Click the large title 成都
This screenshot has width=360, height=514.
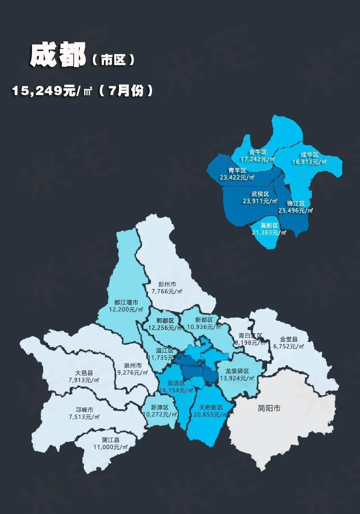coord(58,56)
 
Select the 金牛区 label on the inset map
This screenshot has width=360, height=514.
coord(258,152)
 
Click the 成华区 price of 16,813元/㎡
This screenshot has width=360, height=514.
coord(309,162)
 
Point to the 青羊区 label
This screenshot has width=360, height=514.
coord(237,170)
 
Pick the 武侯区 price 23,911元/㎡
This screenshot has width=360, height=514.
coord(260,201)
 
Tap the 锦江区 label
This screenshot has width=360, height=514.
coord(296,204)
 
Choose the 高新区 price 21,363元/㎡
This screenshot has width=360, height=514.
coord(270,232)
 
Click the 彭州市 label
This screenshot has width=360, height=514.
coord(167,284)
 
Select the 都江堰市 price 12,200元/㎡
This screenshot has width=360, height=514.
coord(126,309)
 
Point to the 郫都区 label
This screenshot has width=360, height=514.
coord(166,321)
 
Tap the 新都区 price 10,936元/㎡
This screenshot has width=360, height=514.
coord(204,327)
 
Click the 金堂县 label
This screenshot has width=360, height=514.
coord(288,340)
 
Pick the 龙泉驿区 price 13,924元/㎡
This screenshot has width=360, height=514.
coord(237,378)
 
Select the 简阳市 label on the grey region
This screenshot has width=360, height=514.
coord(269,408)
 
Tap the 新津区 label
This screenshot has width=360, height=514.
coord(160,408)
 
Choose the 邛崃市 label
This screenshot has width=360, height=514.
coord(84,410)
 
